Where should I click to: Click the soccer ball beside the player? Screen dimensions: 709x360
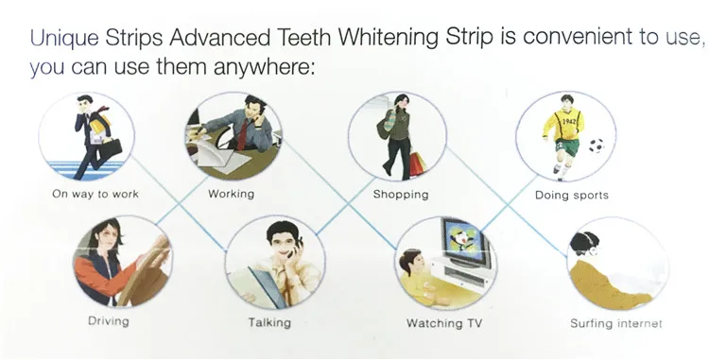point(596,146)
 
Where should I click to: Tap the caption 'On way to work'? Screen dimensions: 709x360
point(95,195)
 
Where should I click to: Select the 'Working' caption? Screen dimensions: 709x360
point(231,194)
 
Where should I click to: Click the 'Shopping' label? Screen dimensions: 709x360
point(401,195)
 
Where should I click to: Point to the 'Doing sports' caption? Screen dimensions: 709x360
point(572,196)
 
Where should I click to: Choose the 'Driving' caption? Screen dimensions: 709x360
point(109,321)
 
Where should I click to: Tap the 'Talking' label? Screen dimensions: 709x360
point(269,322)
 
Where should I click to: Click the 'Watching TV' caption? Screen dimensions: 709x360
point(444,323)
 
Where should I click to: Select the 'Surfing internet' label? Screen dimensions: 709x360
point(615,323)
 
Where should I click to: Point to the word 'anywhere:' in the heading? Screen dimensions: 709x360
point(264,67)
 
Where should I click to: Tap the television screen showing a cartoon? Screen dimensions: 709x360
point(464,241)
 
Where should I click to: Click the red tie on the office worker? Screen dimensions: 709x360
point(242,134)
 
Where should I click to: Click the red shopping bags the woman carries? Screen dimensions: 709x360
point(418,163)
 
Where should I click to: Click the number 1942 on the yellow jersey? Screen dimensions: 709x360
point(568,121)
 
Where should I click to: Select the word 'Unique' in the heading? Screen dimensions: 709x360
point(63,38)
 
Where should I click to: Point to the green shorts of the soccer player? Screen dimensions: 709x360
point(566,147)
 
